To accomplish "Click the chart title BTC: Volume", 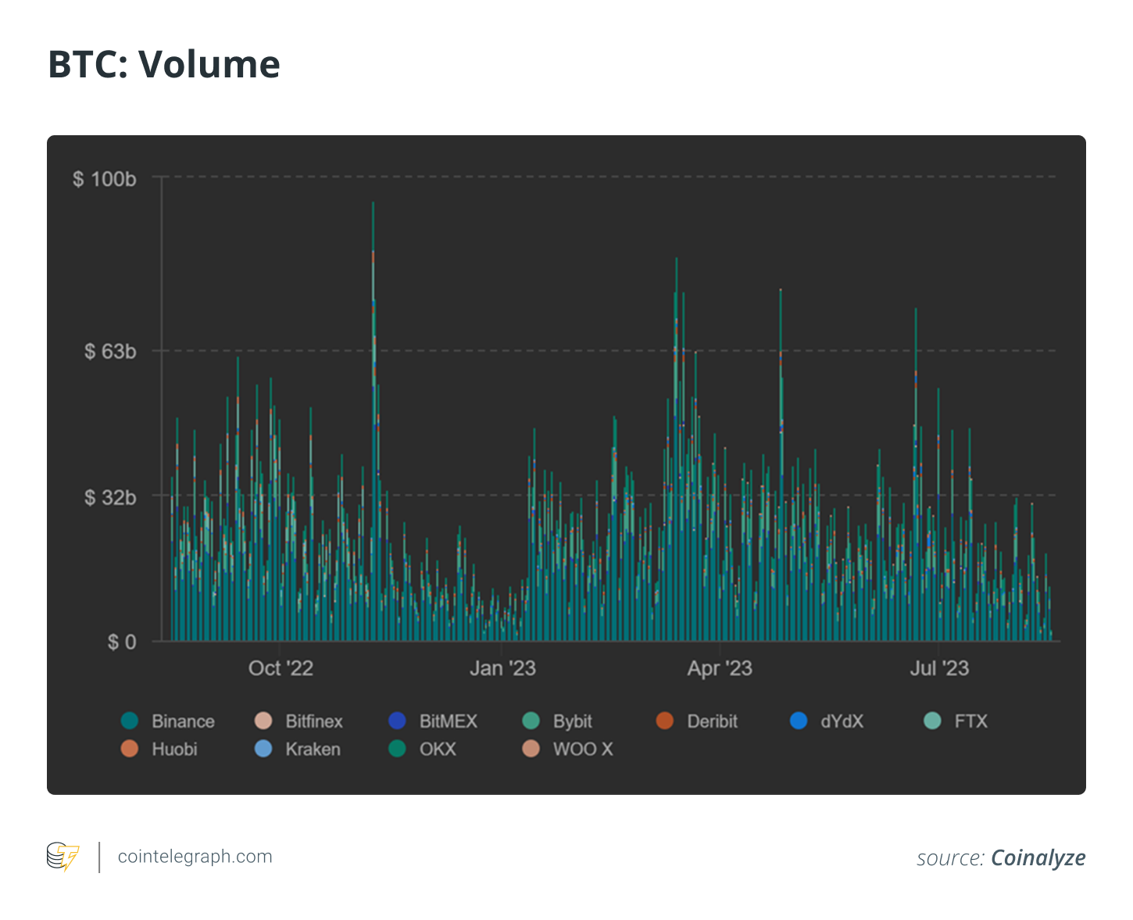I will click(164, 64).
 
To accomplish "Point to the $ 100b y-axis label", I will click(105, 179).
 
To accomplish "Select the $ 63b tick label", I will click(110, 352).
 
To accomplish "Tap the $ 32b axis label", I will click(110, 497).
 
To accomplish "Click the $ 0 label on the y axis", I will click(121, 643).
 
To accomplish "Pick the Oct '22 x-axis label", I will click(281, 668).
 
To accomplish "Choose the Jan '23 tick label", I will click(502, 668).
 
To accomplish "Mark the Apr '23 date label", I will click(720, 668).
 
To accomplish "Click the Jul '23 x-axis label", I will click(939, 668).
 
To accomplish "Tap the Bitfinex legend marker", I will click(264, 721).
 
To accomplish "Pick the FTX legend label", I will click(970, 721).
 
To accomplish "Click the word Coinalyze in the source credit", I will click(1038, 858).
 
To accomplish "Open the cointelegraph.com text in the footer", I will click(195, 857).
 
